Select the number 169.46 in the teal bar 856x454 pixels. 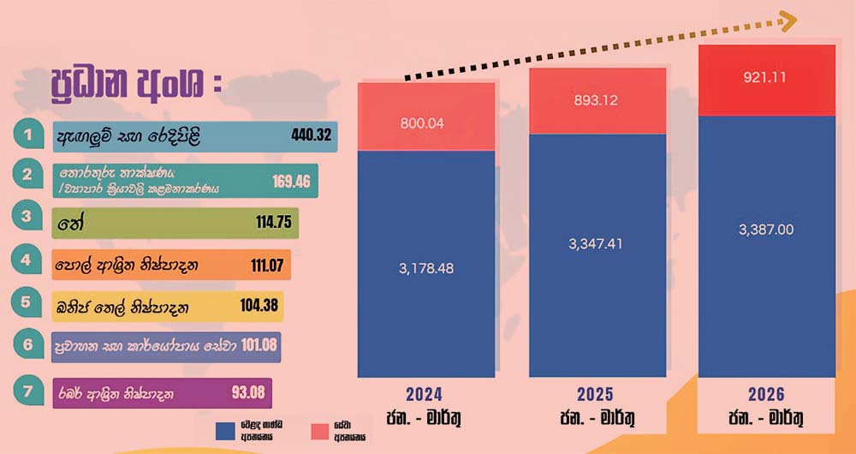coord(291,181)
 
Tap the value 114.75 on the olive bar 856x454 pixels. coord(275,220)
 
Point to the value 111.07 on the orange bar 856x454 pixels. coord(267,264)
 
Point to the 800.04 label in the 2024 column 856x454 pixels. coord(423,123)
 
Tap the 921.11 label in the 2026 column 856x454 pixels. coord(765,77)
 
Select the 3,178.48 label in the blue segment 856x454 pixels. coord(426,268)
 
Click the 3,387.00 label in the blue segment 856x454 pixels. coord(765,230)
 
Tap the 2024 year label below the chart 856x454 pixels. coord(425,395)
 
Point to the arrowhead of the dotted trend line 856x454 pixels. coord(788,19)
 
